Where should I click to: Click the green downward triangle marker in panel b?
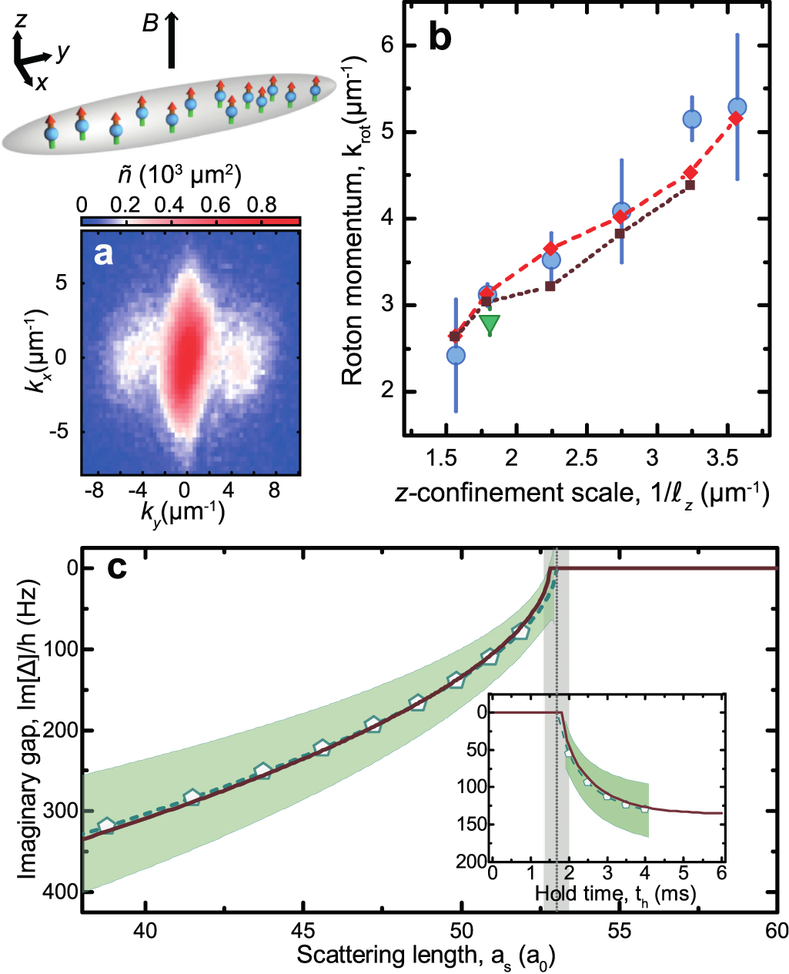(x=490, y=324)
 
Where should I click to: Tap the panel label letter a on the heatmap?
(x=103, y=253)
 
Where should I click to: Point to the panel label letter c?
(x=116, y=568)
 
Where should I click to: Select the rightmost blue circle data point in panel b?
(x=737, y=108)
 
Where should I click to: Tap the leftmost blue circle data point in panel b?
(x=456, y=355)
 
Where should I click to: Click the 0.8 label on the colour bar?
(x=262, y=204)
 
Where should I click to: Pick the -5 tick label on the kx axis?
(x=60, y=432)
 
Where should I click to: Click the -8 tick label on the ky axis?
(x=93, y=490)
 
